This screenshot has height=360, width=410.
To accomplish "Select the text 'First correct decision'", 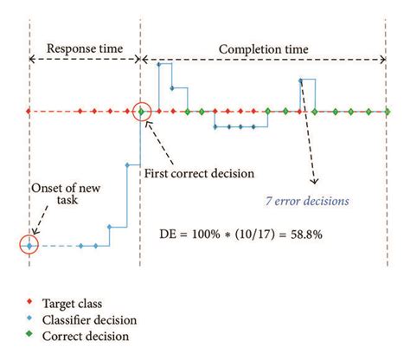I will click(x=203, y=172).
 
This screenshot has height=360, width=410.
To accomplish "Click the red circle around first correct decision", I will click(x=143, y=111).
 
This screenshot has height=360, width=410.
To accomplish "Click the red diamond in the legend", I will click(x=29, y=303).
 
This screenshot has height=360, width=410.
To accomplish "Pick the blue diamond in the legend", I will click(x=29, y=320).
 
